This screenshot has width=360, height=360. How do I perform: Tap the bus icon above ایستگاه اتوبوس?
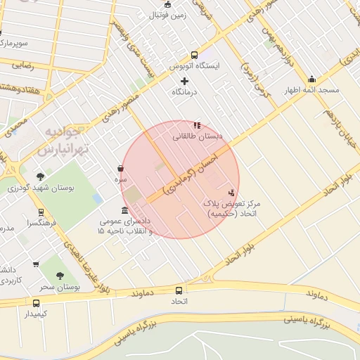[194, 55]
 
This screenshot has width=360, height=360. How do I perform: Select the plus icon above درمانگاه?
[185, 81]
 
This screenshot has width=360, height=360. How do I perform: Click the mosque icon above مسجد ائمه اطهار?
[311, 79]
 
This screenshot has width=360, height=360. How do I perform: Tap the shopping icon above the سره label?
[121, 169]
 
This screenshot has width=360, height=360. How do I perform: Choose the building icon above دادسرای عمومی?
[125, 210]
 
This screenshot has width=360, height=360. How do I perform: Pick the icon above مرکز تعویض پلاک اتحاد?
[231, 192]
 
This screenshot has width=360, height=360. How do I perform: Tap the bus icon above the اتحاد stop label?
[179, 290]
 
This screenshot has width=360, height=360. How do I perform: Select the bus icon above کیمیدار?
[36, 303]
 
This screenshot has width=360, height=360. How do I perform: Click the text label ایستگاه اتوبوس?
[195, 65]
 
